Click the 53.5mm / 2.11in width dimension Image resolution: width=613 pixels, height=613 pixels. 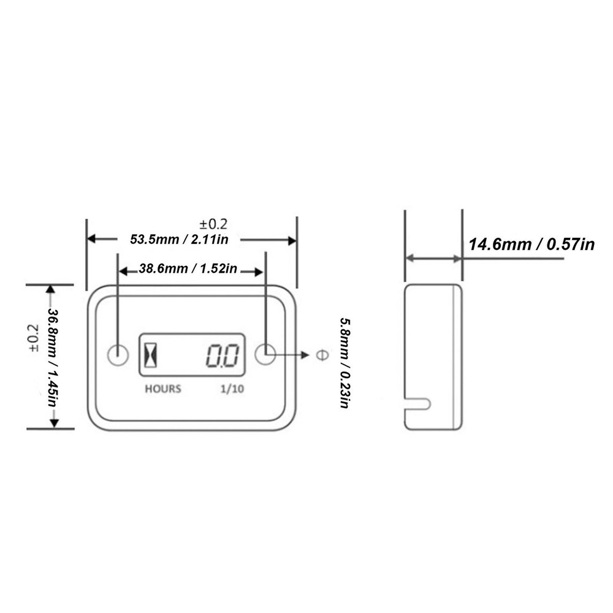click(x=179, y=239)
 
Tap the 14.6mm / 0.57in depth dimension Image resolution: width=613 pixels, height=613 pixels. click(x=531, y=245)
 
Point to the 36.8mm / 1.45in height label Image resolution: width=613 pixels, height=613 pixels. click(x=53, y=357)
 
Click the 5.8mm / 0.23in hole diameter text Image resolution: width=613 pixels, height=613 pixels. click(x=345, y=363)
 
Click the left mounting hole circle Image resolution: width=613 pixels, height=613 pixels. click(x=117, y=354)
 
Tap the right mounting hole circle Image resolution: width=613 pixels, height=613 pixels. click(x=265, y=354)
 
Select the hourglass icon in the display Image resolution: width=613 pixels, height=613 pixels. click(x=151, y=355)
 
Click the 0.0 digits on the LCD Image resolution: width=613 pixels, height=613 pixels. click(x=221, y=356)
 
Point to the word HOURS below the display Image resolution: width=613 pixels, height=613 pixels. click(x=162, y=389)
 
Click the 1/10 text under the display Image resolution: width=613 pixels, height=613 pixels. click(x=232, y=389)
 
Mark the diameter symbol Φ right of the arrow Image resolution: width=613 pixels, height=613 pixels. click(x=320, y=355)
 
